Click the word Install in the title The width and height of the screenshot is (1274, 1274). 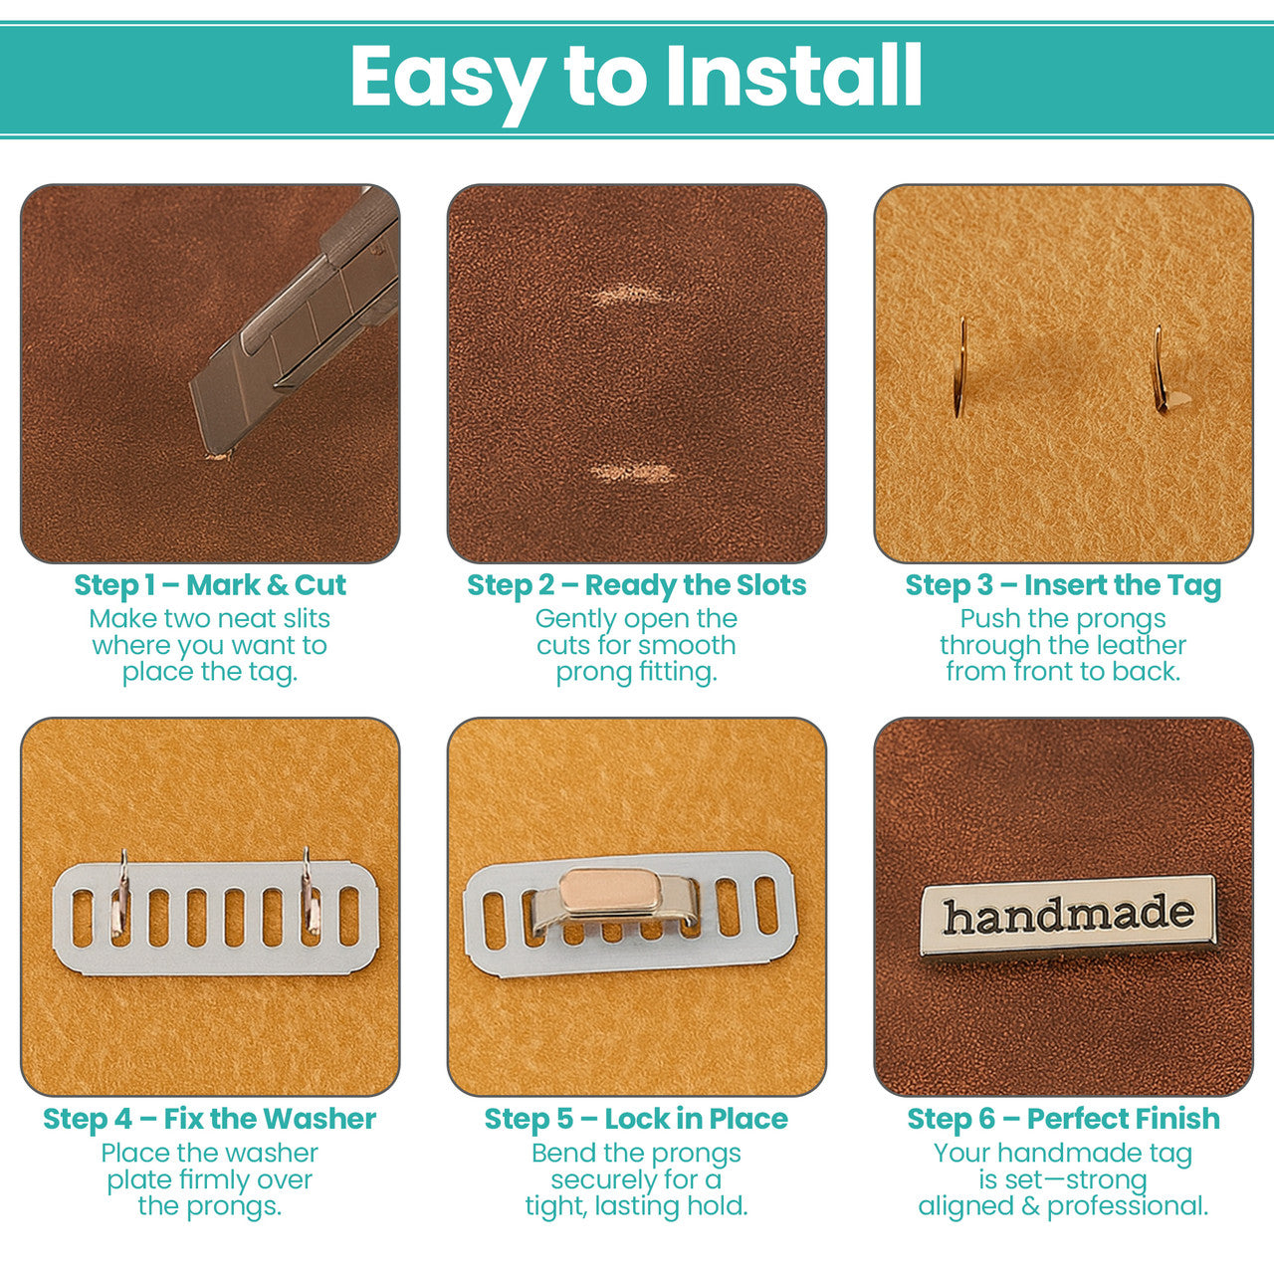pos(793,76)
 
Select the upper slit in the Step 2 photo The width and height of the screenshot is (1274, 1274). pos(629,296)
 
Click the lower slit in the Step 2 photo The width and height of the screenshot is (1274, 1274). pos(631,472)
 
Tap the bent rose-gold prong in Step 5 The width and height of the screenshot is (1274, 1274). pos(610,891)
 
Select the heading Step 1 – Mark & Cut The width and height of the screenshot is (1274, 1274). pos(210,585)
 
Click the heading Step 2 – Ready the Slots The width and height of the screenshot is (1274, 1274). pos(637,585)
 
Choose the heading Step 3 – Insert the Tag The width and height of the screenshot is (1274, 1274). pos(1063,585)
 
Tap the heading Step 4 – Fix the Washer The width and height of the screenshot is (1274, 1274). pos(210,1119)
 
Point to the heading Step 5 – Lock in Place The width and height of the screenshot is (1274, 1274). pos(637,1119)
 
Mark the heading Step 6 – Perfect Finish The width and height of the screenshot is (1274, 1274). pos(1063,1119)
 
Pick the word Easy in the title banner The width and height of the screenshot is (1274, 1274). pos(447,78)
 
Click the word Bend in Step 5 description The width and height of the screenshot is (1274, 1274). pos(564,1154)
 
